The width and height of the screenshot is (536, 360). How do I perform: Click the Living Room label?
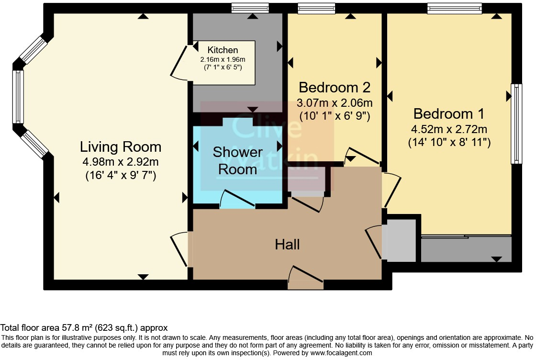(x=120, y=147)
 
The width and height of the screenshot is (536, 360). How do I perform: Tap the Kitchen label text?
(x=223, y=50)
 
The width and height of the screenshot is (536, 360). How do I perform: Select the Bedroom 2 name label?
(x=335, y=88)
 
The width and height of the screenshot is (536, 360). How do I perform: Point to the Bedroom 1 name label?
(x=449, y=114)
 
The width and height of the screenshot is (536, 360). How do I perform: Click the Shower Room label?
(x=237, y=161)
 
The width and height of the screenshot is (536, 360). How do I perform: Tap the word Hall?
(x=288, y=245)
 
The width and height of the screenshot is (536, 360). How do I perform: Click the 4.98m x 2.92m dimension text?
(x=120, y=162)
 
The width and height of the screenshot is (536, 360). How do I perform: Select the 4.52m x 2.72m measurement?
(x=449, y=129)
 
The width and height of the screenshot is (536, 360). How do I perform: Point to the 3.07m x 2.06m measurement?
(x=335, y=102)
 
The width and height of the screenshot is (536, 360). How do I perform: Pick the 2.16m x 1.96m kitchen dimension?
(x=223, y=59)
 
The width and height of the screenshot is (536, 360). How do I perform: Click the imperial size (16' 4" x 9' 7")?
(x=120, y=175)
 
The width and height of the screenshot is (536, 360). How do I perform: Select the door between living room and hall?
(x=179, y=249)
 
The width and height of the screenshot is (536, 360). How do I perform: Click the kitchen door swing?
(x=179, y=63)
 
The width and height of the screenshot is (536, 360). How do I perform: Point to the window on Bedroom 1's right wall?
(x=516, y=124)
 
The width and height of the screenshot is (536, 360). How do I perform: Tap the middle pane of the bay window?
(x=18, y=97)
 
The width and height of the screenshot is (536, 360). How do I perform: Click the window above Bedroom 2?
(x=316, y=8)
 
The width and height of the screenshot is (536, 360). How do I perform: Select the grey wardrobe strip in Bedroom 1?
(x=466, y=249)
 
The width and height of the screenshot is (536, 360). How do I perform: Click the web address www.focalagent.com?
(x=341, y=353)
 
